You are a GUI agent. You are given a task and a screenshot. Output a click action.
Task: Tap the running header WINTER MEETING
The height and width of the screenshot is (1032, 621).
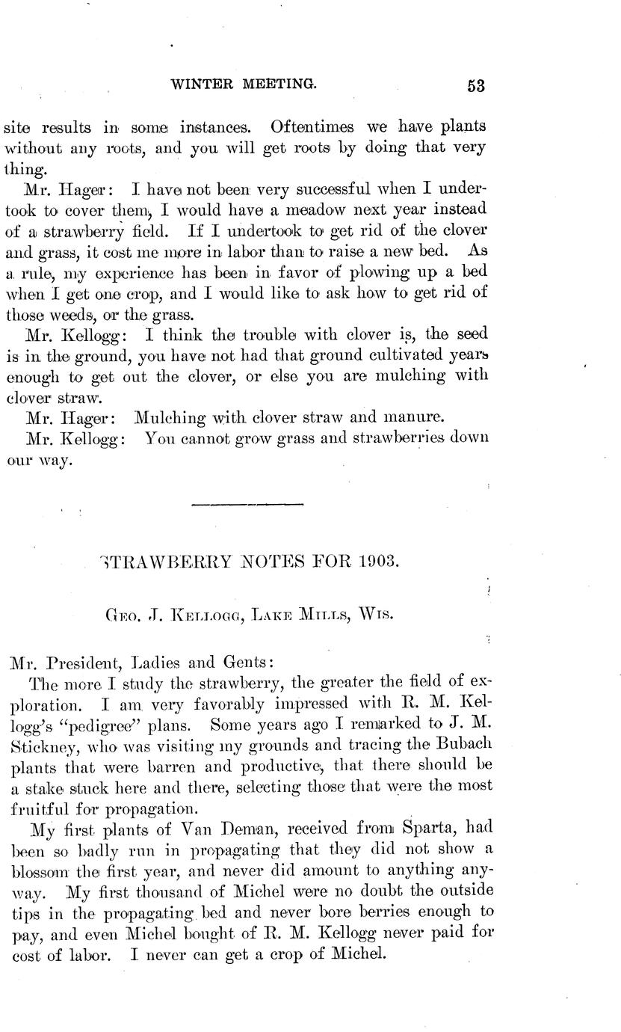244,84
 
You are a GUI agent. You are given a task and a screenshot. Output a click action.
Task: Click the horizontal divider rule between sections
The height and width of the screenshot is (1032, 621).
247,505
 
